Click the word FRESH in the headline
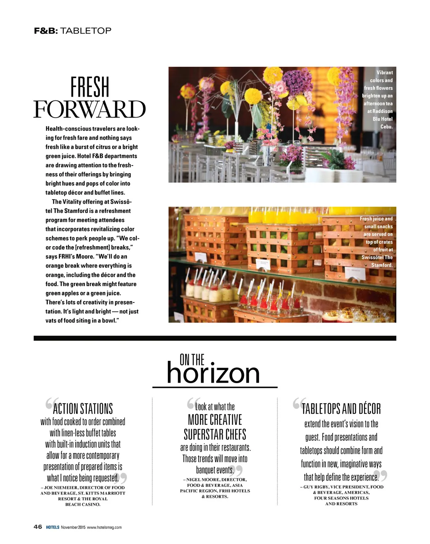click(x=90, y=87)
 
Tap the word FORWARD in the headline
click(x=89, y=110)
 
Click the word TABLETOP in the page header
click(x=86, y=31)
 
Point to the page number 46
click(x=38, y=527)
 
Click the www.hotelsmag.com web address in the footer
click(x=104, y=527)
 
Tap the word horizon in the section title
click(x=213, y=373)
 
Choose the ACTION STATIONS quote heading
click(x=83, y=409)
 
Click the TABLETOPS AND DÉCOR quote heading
click(x=341, y=409)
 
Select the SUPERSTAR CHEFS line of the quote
click(x=215, y=434)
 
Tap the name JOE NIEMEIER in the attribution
click(x=61, y=488)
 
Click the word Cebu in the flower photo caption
click(x=386, y=126)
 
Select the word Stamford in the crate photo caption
click(x=381, y=265)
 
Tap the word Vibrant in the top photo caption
click(x=384, y=72)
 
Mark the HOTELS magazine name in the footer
click(x=52, y=527)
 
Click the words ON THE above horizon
click(x=192, y=360)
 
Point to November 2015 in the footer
click(x=73, y=527)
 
